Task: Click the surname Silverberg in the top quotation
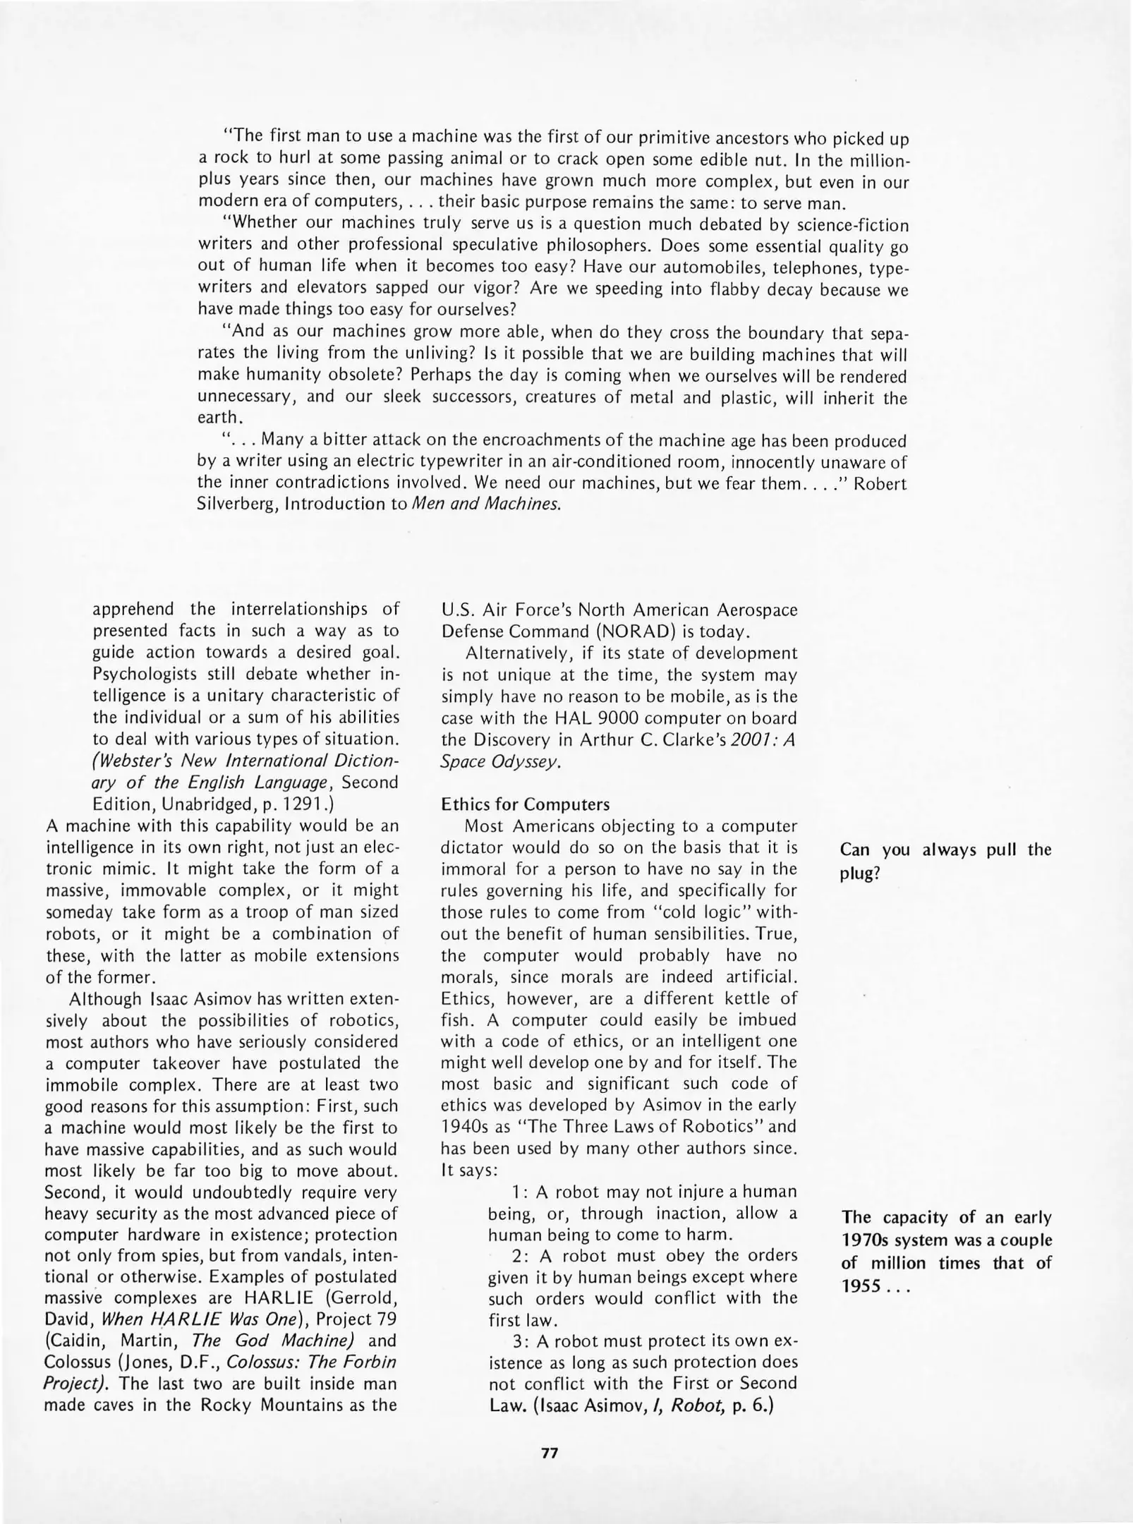238,506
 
